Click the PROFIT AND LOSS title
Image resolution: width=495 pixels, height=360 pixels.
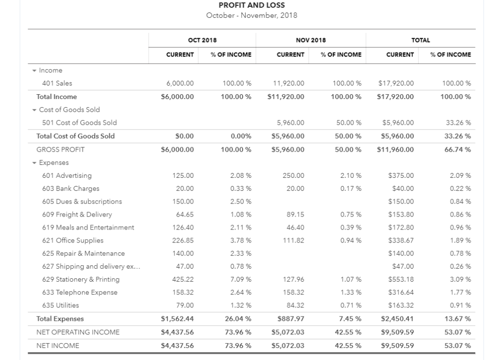(x=251, y=5)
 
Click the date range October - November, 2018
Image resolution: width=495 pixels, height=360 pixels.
(x=251, y=15)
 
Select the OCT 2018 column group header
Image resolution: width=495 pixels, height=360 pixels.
(x=202, y=40)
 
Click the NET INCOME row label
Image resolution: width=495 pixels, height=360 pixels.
(x=58, y=346)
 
